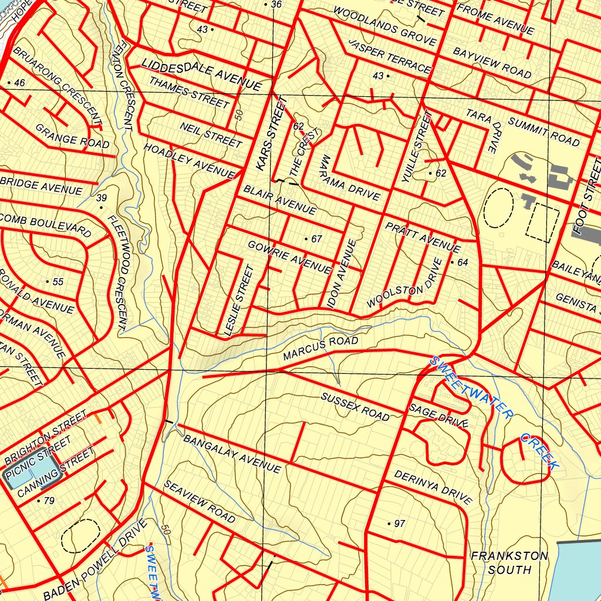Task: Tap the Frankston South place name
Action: (509, 562)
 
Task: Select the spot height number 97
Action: (400, 524)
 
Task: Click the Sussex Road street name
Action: (355, 406)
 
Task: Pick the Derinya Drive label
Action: (433, 487)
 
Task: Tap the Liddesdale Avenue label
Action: (201, 73)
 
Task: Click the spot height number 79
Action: (49, 501)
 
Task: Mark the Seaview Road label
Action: (200, 501)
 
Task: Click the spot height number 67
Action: (317, 239)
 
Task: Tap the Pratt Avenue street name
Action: (423, 236)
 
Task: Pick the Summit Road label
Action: (543, 131)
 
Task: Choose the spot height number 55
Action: (58, 282)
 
